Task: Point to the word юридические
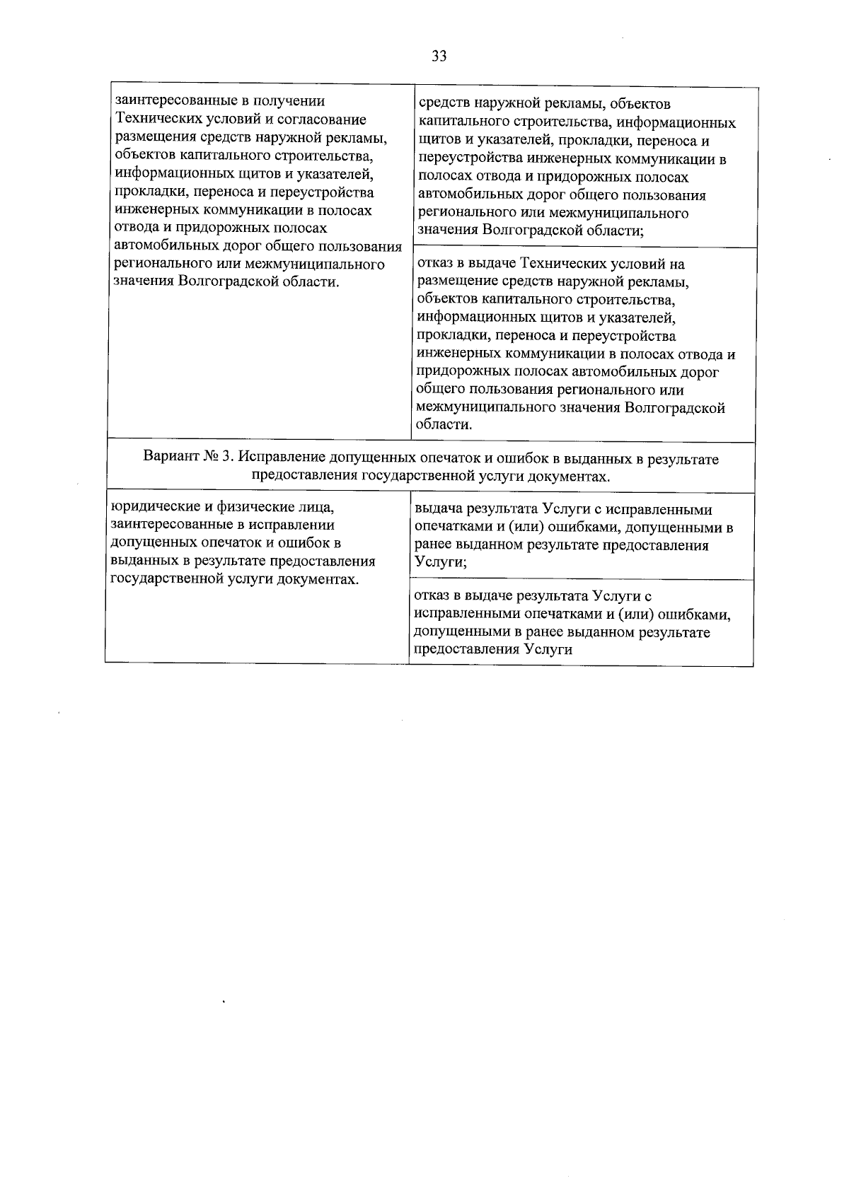coord(150,507)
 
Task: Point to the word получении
coord(291,102)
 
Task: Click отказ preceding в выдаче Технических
coord(434,264)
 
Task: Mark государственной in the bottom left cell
coord(167,579)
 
